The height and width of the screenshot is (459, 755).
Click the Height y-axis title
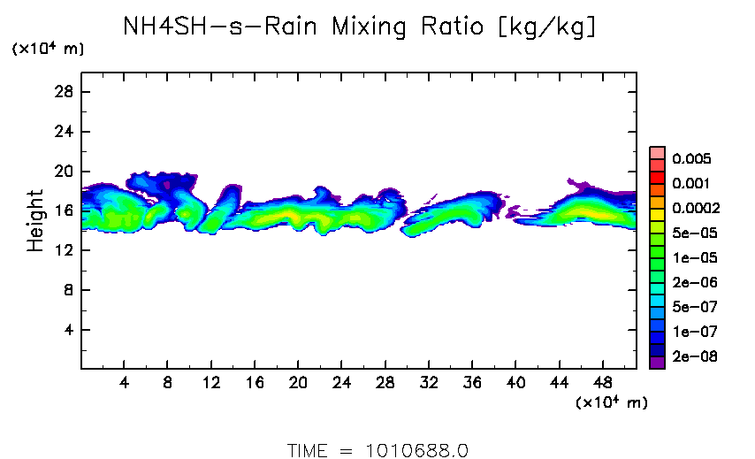[36, 220]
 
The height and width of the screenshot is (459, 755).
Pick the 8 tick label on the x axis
[168, 382]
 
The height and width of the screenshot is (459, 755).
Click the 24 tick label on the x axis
[341, 382]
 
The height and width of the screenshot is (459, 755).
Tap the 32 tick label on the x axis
[429, 382]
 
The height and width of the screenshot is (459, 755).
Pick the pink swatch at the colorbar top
[657, 152]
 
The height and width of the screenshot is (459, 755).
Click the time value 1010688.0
[416, 450]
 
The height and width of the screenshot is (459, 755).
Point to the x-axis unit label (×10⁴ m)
[612, 403]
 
